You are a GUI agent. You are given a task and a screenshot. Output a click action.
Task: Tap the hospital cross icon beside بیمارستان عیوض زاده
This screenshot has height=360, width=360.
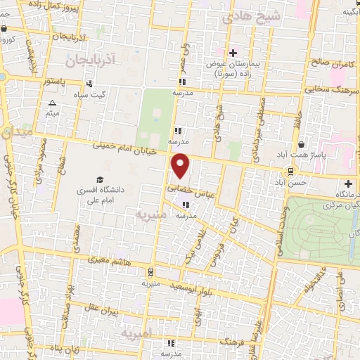pos(233,53)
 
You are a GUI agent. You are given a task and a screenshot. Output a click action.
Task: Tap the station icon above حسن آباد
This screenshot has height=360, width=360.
pos(291,172)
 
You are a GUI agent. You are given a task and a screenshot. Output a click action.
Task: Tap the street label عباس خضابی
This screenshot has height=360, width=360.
pos(190,188)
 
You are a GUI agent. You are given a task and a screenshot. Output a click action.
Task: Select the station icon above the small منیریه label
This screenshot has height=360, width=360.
pos(150,271)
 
